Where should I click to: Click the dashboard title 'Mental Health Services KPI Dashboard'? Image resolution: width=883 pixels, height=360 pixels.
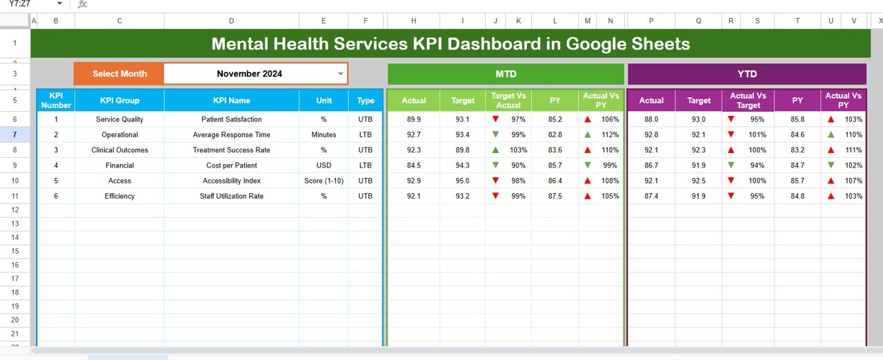coord(450,44)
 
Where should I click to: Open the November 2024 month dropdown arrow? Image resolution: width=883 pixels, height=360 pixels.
coord(340,74)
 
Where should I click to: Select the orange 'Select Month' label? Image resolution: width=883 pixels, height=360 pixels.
coord(119,74)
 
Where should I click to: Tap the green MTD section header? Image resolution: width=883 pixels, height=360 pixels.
coord(506,74)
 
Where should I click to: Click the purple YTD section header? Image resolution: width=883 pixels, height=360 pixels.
coord(746,74)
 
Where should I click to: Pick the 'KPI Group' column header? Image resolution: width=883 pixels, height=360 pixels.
coord(119,101)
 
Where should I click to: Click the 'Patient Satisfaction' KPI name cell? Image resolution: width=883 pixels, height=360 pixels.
coord(232,119)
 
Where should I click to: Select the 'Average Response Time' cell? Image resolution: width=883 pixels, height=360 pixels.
coord(232,134)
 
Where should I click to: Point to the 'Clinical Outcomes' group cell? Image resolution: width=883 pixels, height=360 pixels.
coord(119,150)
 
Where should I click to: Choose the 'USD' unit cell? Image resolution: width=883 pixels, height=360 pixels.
coord(324,165)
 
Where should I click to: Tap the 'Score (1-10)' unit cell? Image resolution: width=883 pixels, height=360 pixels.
coord(324,181)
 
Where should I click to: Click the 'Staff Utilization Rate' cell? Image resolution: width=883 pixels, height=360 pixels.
coord(232,196)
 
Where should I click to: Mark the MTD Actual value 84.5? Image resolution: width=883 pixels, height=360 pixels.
coord(414,165)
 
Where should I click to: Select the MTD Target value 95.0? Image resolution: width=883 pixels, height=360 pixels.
coord(463,181)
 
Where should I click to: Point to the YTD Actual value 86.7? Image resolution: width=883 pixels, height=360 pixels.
coord(651,165)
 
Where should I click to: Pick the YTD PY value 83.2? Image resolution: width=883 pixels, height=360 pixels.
coord(797,150)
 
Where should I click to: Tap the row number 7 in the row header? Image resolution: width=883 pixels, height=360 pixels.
coord(15,134)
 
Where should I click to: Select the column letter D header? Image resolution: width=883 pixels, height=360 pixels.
coord(231,21)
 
